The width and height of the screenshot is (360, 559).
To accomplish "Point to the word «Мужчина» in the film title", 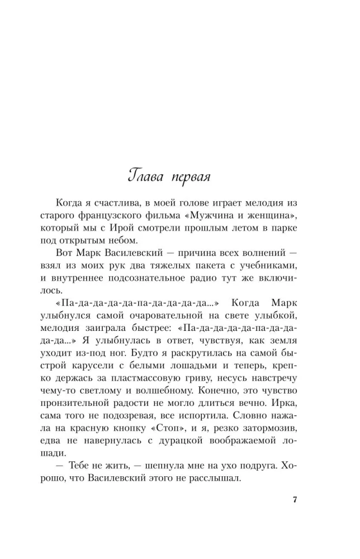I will (218, 216).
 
